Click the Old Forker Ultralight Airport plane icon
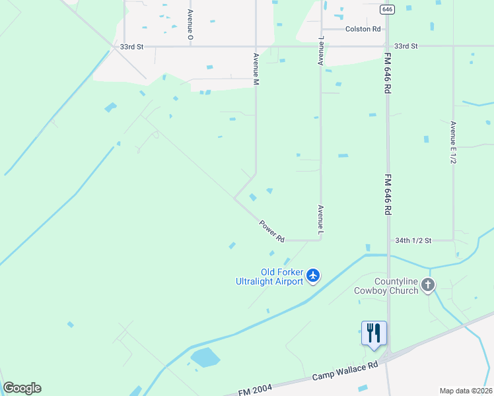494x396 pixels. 313,275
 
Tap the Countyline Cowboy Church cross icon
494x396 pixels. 428,285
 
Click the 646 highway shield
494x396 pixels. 388,9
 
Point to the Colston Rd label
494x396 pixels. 363,29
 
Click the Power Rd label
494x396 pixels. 271,230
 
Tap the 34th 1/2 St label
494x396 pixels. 413,241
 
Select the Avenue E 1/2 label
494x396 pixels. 453,142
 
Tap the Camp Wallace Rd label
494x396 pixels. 345,378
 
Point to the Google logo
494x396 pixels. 22,388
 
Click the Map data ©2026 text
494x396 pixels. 466,391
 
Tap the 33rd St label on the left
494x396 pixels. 131,47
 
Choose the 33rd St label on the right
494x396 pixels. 406,46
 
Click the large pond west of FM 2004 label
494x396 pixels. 205,358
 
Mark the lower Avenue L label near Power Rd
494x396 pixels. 320,220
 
